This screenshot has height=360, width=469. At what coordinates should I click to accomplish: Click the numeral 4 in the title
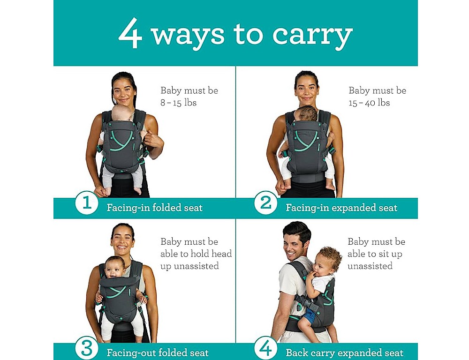pos(130,33)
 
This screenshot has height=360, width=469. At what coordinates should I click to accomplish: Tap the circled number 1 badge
pos(87,203)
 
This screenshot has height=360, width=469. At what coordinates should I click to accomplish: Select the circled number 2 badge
pos(266,202)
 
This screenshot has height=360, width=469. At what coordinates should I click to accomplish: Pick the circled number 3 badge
pos(87,348)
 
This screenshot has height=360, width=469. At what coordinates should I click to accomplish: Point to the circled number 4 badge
pos(266,348)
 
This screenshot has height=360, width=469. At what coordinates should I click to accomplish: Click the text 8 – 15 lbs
pos(178,103)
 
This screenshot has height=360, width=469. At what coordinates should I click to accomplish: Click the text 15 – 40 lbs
pos(369,103)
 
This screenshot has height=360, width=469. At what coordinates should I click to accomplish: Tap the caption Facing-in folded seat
pos(155,208)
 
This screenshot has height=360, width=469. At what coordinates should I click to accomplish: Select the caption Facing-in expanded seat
pos(341,208)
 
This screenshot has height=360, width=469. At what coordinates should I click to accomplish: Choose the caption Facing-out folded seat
pos(158,353)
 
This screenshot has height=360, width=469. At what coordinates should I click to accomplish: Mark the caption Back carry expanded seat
pos(345,353)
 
